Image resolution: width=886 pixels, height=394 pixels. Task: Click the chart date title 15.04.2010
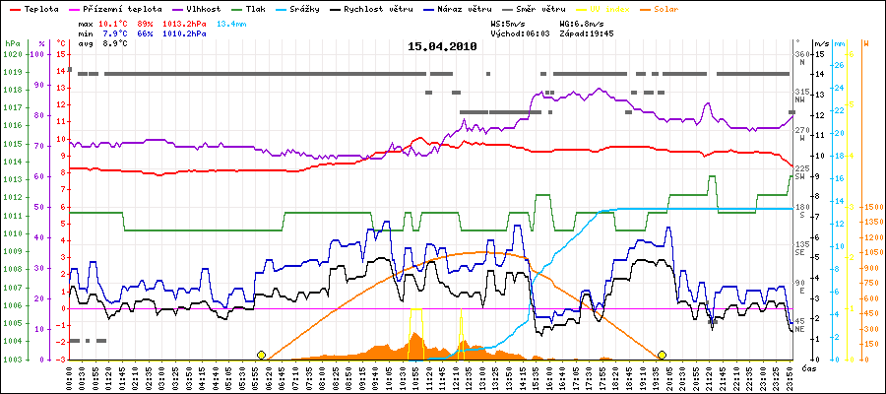[442, 46]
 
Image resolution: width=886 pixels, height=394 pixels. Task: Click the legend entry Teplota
[34, 8]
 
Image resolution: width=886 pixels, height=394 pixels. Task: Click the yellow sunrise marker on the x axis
[261, 355]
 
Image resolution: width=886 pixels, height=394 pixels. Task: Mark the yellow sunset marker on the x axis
[662, 355]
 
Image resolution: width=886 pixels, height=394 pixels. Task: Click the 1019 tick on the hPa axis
[12, 72]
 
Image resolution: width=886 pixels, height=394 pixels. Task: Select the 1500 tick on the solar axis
[871, 208]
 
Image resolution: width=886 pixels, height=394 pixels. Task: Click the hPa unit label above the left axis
[11, 43]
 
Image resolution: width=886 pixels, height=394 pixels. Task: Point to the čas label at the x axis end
[807, 367]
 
